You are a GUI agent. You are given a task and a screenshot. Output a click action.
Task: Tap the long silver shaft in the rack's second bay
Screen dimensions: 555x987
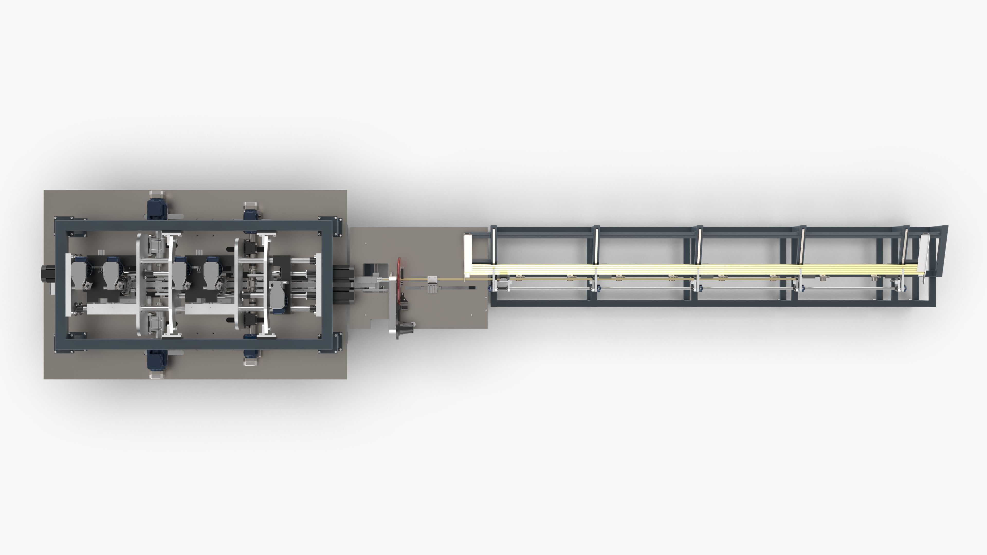[x=646, y=288]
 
